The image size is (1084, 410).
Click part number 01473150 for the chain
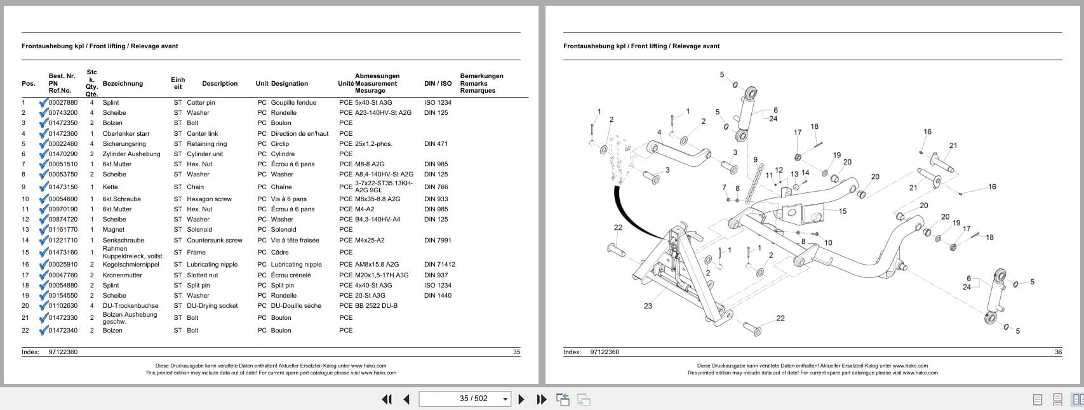[63, 187]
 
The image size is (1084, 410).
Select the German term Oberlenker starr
[126, 134]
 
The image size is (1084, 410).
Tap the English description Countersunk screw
[214, 241]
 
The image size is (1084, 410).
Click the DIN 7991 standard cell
[438, 241]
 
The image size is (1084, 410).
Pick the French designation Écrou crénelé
[291, 275]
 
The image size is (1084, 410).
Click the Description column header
[220, 84]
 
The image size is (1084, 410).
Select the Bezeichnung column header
[123, 84]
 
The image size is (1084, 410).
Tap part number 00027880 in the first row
[63, 103]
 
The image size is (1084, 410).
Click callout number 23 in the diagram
[648, 306]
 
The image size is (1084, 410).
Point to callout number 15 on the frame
[843, 211]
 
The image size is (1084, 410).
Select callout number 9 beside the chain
[755, 160]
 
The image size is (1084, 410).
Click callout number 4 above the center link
[659, 133]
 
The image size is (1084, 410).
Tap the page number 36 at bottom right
[1058, 352]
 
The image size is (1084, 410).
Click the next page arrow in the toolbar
[521, 399]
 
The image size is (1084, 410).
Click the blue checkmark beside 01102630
[43, 306]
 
